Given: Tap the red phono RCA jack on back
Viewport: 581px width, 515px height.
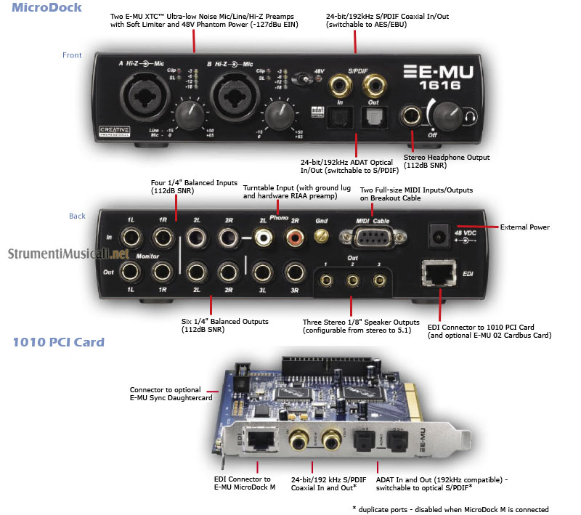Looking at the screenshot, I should (x=295, y=236).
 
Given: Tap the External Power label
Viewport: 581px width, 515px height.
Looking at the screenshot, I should (x=525, y=227).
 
